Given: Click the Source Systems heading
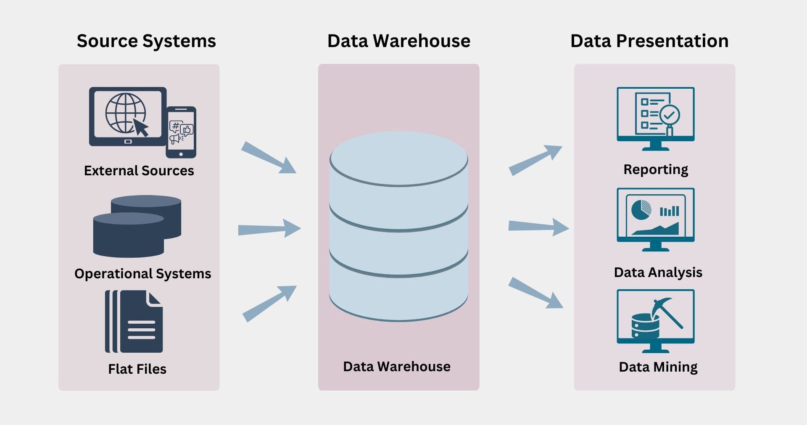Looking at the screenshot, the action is (x=146, y=41).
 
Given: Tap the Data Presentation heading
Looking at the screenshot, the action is (x=649, y=41).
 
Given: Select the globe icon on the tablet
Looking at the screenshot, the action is (x=125, y=113).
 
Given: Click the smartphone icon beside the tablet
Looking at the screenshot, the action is (x=181, y=132).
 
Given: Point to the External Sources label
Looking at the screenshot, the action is (x=139, y=170).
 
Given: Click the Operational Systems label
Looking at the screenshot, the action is (x=143, y=274).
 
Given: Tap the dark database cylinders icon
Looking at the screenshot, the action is (x=137, y=226).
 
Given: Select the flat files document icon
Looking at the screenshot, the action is (x=134, y=322).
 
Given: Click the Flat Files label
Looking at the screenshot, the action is (x=137, y=369).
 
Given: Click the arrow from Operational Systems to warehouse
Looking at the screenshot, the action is (x=269, y=229).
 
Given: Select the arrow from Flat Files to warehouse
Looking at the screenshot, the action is (x=269, y=304).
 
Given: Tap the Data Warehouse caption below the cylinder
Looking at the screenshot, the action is (x=397, y=367).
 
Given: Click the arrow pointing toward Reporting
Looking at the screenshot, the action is (x=535, y=160).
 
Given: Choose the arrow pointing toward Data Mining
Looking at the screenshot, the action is (x=535, y=293).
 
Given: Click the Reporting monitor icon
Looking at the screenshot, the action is (x=656, y=119).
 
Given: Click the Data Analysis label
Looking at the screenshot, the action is (x=658, y=272).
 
